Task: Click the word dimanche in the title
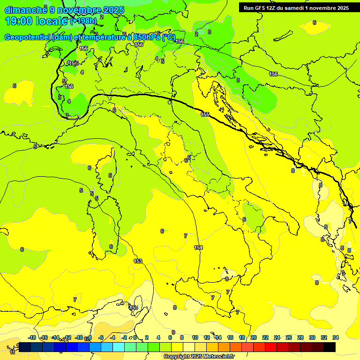26,10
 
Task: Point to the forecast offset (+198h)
83,21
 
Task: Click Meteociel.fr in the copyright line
216,357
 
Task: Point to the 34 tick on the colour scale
336,337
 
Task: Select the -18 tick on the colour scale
32,337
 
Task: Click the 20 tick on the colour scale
254,337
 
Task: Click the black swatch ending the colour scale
330,347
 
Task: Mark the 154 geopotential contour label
198,247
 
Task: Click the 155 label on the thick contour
205,114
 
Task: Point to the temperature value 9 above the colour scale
173,332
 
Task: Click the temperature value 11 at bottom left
12,352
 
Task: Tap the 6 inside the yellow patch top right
314,22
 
